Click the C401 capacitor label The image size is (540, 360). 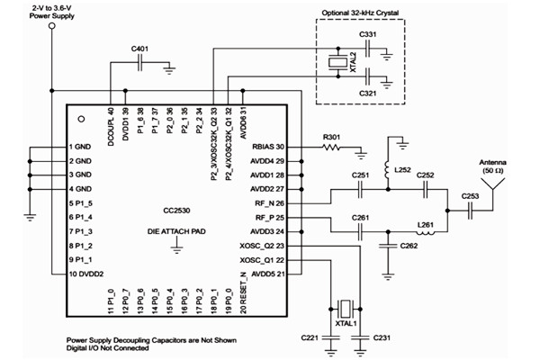140,47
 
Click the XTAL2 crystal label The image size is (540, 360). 352,64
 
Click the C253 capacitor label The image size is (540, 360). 471,194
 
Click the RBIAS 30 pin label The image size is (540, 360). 266,146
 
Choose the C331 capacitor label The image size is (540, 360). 368,33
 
